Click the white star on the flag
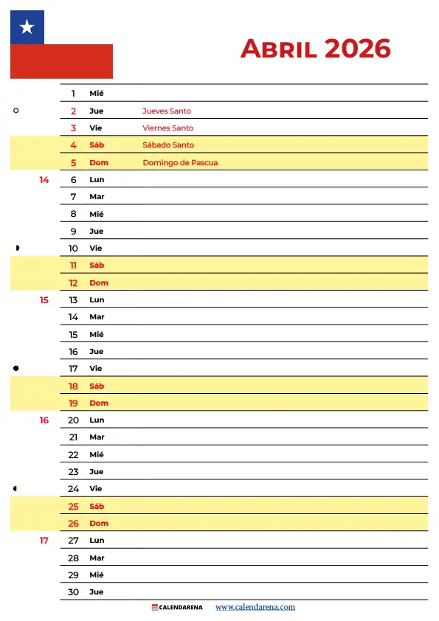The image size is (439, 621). [x=27, y=28]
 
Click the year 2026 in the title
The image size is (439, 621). [x=357, y=49]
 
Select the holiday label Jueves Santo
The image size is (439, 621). [x=166, y=111]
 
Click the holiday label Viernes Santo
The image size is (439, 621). [x=167, y=128]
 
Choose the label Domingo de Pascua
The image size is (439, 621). [x=180, y=162]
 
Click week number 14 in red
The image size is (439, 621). [x=44, y=180]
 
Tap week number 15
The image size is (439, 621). [x=44, y=300]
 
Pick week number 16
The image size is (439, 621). [x=44, y=420]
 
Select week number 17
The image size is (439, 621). [x=44, y=541]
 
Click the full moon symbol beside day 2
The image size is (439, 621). [x=16, y=111]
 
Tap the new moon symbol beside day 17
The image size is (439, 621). [x=16, y=368]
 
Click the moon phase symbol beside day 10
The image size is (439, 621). [x=16, y=248]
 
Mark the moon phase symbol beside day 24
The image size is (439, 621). [x=16, y=488]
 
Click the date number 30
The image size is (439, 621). [x=73, y=592]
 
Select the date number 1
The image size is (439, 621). [x=73, y=94]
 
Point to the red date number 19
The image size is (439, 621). [x=73, y=403]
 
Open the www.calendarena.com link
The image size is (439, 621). [x=255, y=607]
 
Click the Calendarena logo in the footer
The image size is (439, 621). [x=177, y=607]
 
